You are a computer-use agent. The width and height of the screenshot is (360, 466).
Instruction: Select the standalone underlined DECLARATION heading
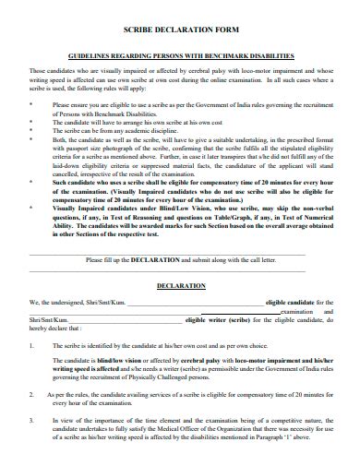pos(180,286)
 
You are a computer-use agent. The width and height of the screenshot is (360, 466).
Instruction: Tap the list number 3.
pos(32,420)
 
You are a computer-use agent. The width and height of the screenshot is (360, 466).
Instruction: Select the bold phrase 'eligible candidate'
pos(291,302)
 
